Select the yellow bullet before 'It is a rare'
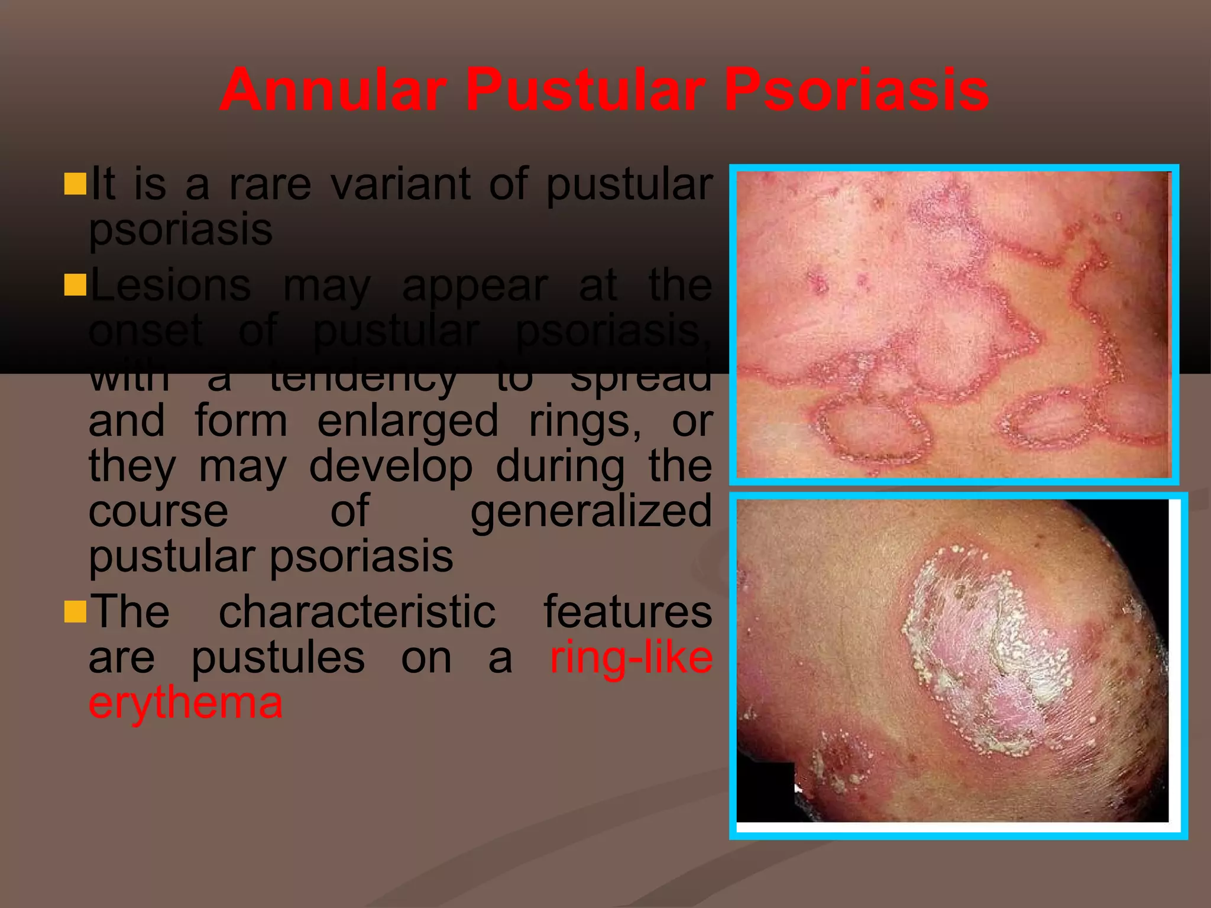pyautogui.click(x=75, y=184)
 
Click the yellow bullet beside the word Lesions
pyautogui.click(x=75, y=284)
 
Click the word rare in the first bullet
pyautogui.click(x=270, y=184)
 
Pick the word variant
pyautogui.click(x=400, y=184)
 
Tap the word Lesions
pyautogui.click(x=170, y=286)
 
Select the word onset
pyautogui.click(x=145, y=331)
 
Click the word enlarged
pyautogui.click(x=408, y=421)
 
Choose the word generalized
pyautogui.click(x=591, y=511)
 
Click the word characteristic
pyautogui.click(x=357, y=612)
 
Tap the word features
pyautogui.click(x=628, y=612)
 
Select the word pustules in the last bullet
pyautogui.click(x=278, y=658)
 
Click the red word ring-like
pyautogui.click(x=631, y=657)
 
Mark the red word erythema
pyautogui.click(x=186, y=703)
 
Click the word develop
pyautogui.click(x=391, y=466)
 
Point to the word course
pyautogui.click(x=158, y=511)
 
